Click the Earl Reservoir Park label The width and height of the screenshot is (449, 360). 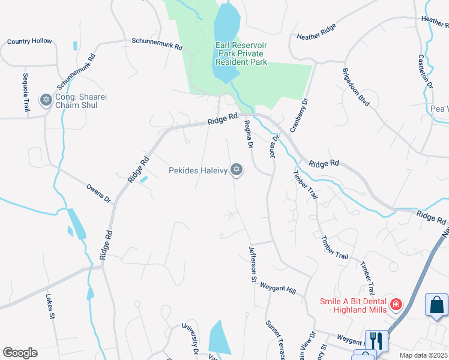tap(241, 53)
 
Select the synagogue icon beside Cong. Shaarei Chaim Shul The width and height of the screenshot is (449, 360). tap(45, 100)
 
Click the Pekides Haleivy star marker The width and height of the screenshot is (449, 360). tap(237, 170)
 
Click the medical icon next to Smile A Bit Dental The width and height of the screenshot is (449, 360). tap(396, 305)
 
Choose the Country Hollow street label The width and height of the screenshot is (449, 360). tap(29, 41)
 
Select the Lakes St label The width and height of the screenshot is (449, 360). tap(51, 307)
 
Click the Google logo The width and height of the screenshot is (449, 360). tap(20, 353)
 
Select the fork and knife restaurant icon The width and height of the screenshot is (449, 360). tap(377, 341)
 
